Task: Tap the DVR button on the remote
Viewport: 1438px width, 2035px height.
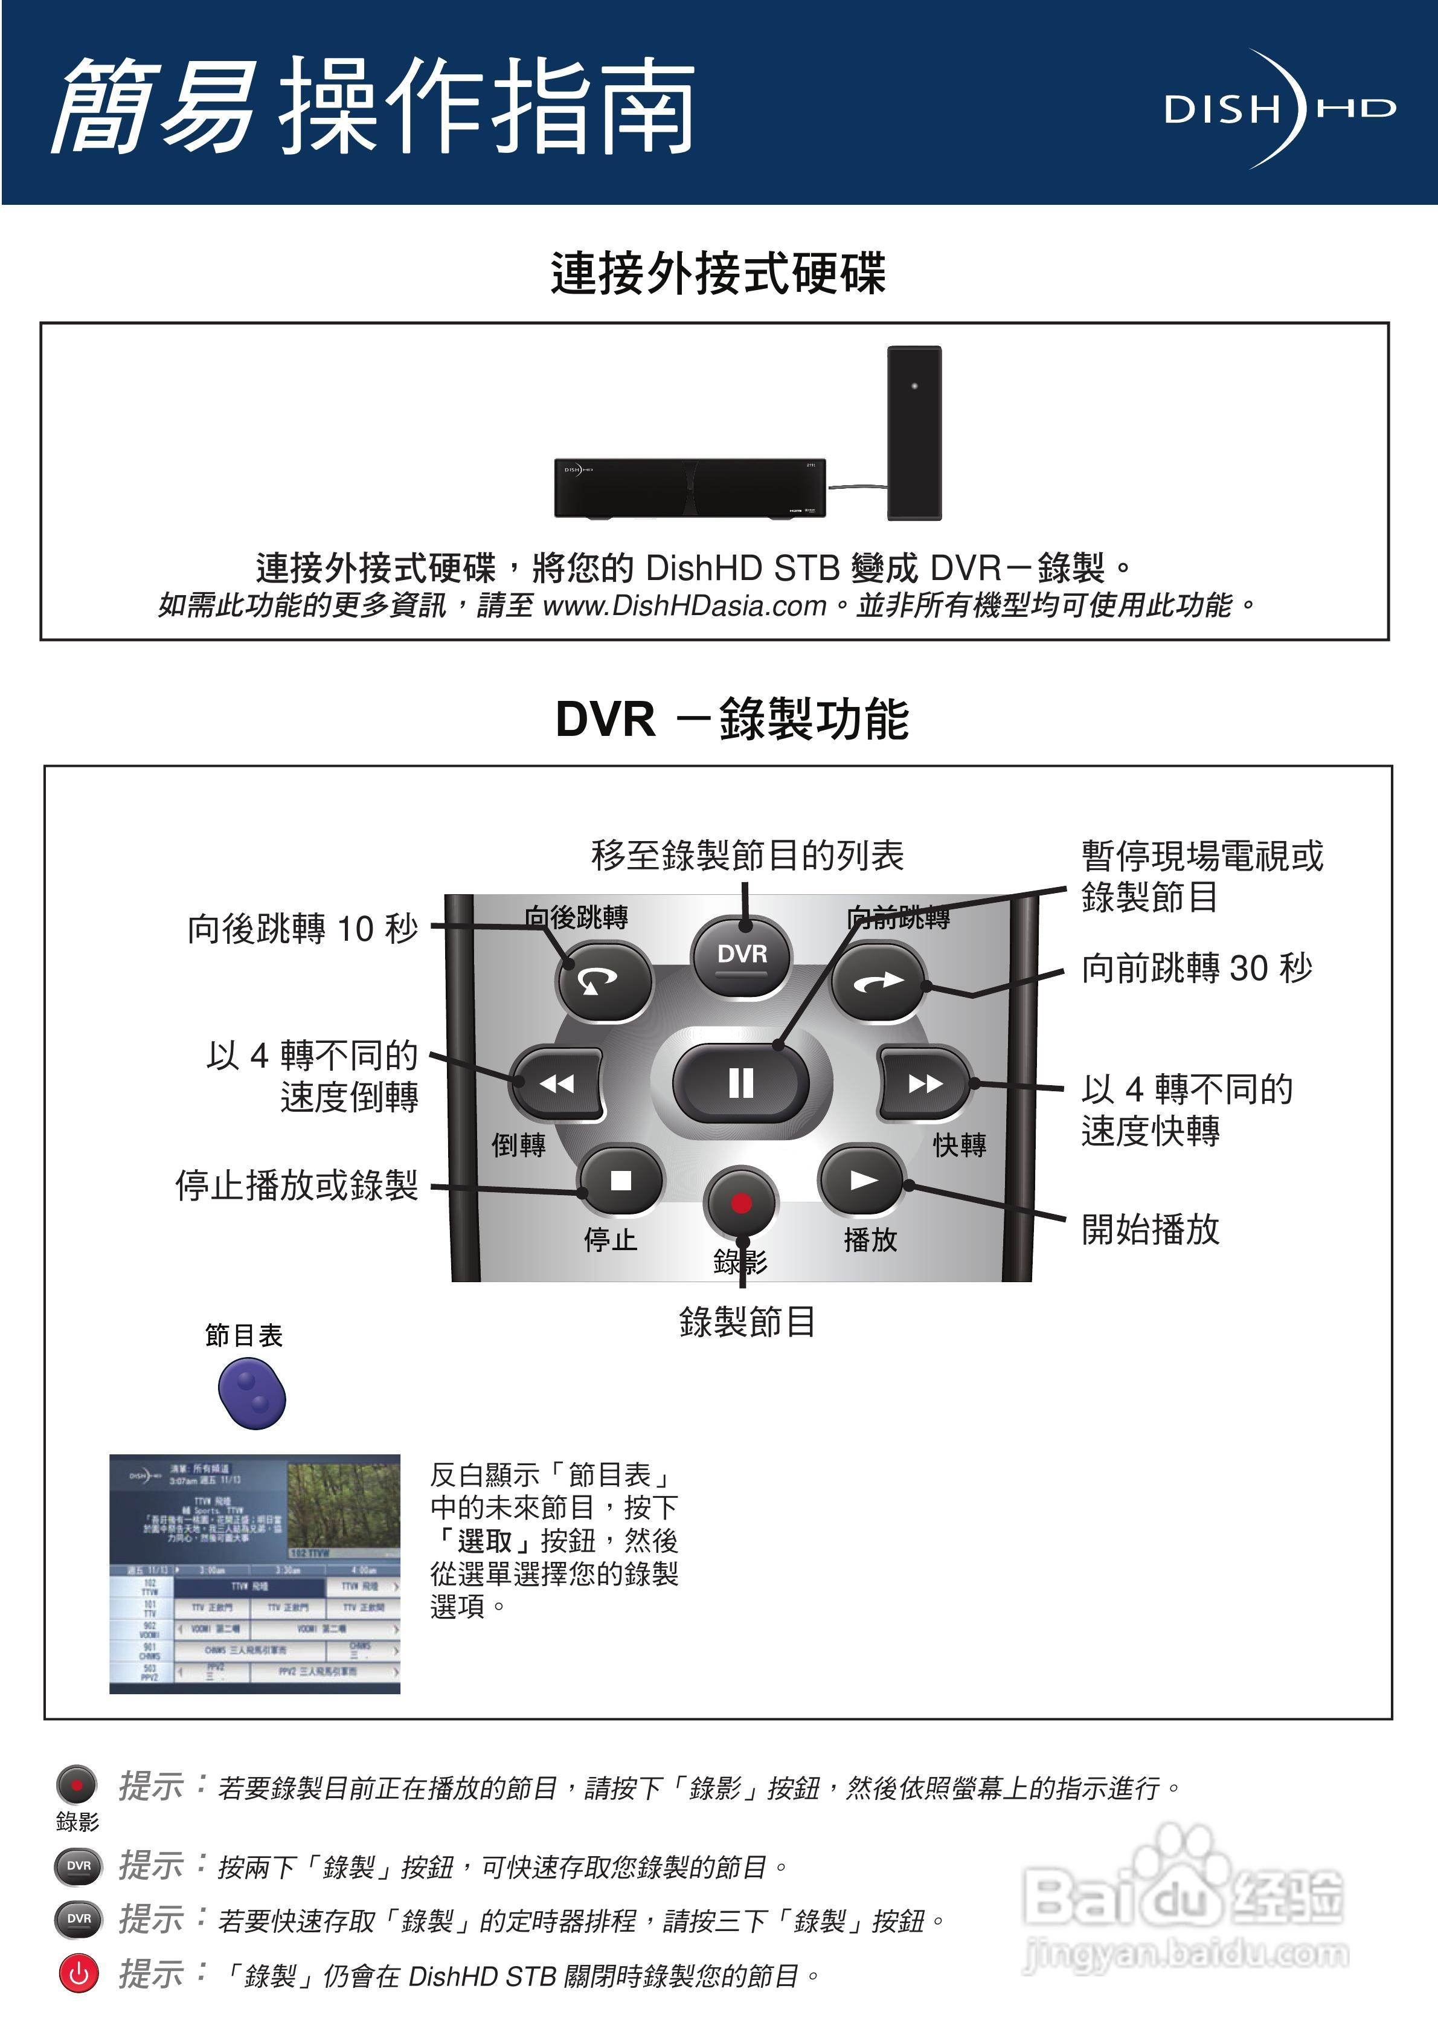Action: (x=742, y=955)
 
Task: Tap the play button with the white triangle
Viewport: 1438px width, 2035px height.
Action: (x=862, y=1179)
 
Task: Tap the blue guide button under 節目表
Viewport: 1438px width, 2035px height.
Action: (x=252, y=1394)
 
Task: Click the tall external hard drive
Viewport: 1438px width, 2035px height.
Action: (x=914, y=433)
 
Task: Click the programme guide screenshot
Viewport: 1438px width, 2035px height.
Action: (x=254, y=1573)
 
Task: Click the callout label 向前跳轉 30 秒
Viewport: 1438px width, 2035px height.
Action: (x=1196, y=968)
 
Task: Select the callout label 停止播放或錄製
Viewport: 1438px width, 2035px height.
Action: (x=296, y=1185)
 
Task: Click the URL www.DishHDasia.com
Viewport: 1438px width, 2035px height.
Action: (x=684, y=605)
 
